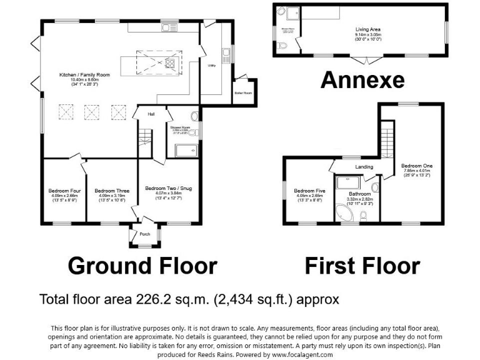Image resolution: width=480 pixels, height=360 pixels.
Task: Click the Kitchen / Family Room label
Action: pos(84,75)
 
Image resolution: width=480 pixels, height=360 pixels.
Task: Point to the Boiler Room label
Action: pos(242,93)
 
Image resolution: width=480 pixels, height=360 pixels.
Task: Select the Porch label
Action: pos(144,235)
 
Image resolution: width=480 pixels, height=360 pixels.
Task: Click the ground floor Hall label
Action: pos(151,114)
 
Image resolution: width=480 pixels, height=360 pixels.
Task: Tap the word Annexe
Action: pos(362,80)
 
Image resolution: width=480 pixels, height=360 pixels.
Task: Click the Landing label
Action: pos(364,167)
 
